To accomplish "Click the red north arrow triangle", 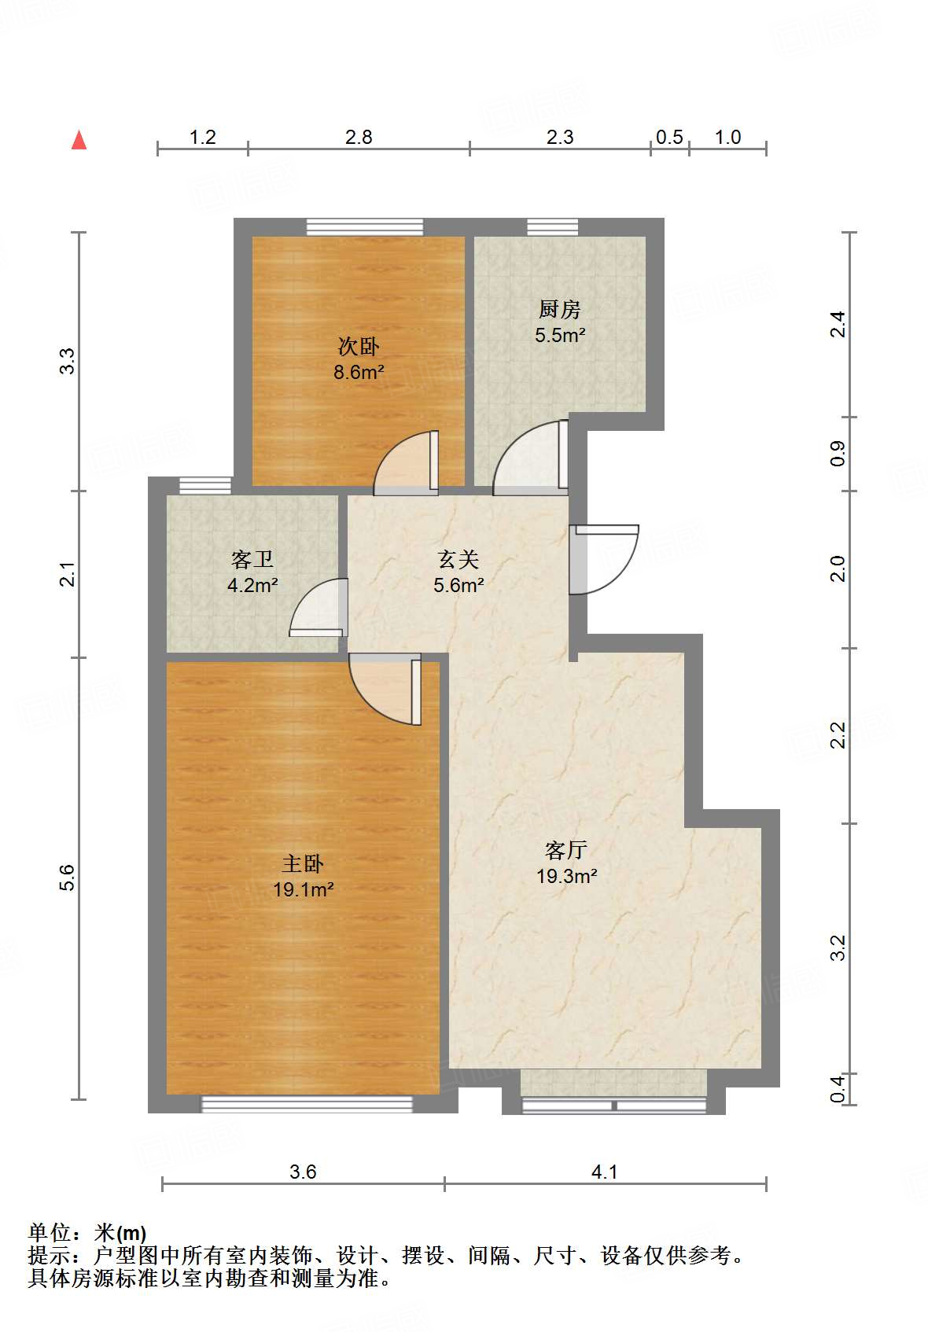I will coord(79,141).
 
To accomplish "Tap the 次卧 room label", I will coord(359,346).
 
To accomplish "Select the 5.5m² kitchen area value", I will coord(560,335).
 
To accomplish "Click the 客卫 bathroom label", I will coord(252,559).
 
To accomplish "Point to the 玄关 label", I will coord(458,559).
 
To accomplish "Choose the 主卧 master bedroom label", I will coord(303,863).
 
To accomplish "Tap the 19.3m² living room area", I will coord(566,876).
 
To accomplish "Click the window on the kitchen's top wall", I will coord(552,226).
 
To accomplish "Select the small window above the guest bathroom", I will coord(204,485).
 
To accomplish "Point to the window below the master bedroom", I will coord(307,1104).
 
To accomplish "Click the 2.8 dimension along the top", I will coord(359,138).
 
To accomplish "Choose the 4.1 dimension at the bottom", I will coord(604,1172).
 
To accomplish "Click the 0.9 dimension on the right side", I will coord(838,454).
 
